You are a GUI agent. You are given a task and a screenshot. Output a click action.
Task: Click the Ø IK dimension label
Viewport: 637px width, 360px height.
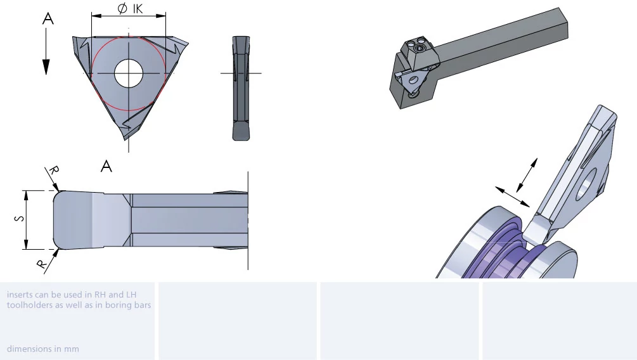(130, 8)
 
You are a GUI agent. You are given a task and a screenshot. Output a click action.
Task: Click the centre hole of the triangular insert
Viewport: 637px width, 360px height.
(129, 73)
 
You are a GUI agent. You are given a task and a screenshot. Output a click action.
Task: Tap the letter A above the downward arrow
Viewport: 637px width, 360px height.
(48, 18)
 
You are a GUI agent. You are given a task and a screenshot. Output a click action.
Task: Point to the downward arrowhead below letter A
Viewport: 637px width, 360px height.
(46, 67)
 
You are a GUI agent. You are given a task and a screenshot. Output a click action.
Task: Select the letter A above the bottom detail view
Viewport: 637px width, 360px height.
(106, 166)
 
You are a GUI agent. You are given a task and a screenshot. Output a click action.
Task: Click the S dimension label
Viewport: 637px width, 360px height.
(19, 219)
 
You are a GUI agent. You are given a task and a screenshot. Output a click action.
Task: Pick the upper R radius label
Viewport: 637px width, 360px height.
(54, 170)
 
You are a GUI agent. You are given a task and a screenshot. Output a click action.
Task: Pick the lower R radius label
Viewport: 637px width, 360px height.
(41, 264)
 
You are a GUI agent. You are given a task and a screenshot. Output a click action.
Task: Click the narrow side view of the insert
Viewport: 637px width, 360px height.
(241, 88)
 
